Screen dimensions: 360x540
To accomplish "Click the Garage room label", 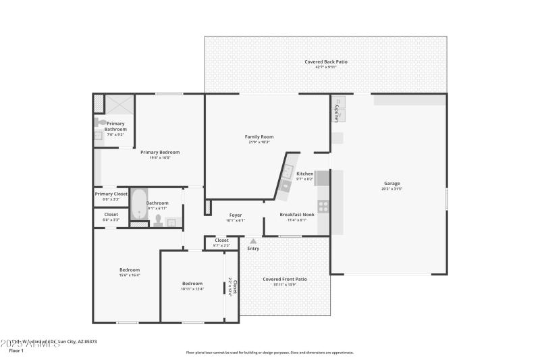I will [x=392, y=183].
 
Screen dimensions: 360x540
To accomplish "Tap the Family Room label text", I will [x=259, y=136].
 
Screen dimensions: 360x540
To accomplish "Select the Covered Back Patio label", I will [x=326, y=61].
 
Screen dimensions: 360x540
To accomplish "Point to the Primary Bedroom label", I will [x=159, y=152].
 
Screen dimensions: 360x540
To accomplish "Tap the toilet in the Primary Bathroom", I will [x=99, y=122].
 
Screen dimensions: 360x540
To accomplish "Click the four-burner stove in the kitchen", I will [x=323, y=206].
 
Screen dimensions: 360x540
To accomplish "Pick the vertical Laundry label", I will [x=335, y=112].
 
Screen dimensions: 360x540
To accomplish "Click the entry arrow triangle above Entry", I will [x=253, y=240].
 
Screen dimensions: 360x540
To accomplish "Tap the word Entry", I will [x=253, y=249].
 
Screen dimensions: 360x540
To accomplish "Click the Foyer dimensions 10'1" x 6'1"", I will [x=236, y=220].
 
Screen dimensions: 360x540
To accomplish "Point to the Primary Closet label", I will [x=111, y=194].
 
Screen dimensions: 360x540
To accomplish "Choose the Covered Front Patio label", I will [x=285, y=279].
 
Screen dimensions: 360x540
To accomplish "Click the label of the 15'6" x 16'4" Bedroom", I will [x=130, y=269].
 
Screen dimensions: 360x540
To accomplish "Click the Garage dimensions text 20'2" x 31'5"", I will [x=392, y=188].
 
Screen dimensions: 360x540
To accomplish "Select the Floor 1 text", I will [x=16, y=351].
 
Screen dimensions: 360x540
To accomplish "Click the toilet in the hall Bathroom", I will [x=157, y=219].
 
